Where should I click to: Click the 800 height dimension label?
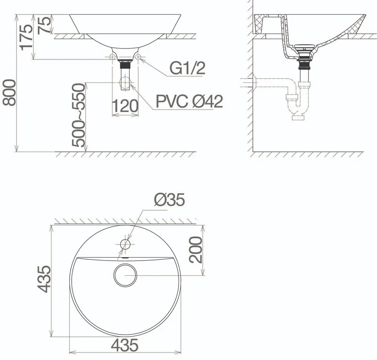[9, 92]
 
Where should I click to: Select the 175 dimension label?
[26, 37]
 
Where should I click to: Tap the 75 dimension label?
[44, 25]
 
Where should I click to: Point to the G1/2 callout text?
[188, 68]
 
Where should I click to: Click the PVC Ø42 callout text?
[189, 101]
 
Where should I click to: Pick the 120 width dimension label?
[125, 106]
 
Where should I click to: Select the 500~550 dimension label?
[79, 115]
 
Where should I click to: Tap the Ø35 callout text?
[170, 200]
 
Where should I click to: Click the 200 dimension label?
[196, 249]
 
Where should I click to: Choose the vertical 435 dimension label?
[44, 279]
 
